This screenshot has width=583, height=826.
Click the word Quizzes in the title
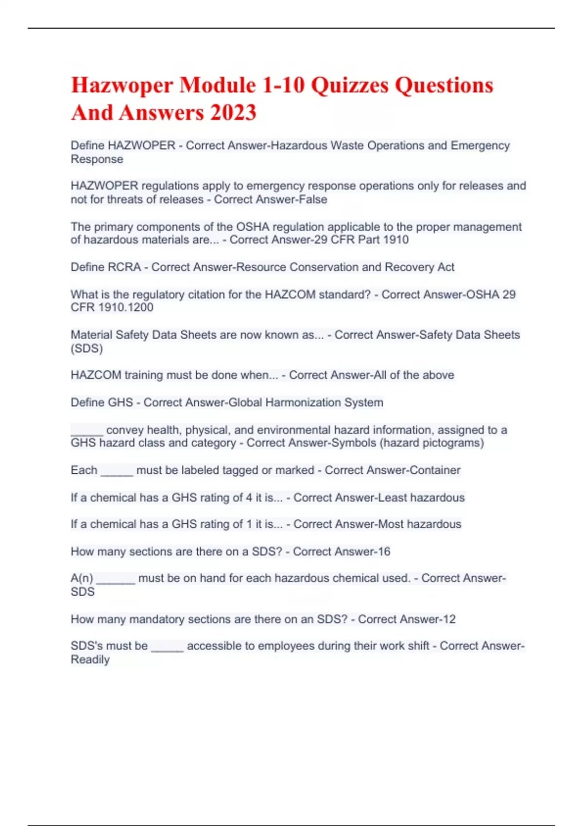pyautogui.click(x=349, y=86)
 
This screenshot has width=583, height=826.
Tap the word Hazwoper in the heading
pyautogui.click(x=122, y=86)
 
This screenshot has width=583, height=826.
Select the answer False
pyautogui.click(x=313, y=199)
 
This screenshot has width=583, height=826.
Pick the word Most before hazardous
pyautogui.click(x=390, y=524)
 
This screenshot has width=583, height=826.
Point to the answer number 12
pyautogui.click(x=449, y=619)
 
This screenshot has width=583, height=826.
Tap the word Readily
pyautogui.click(x=90, y=659)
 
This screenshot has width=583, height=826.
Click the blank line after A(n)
pyautogui.click(x=116, y=579)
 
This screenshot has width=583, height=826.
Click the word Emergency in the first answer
pyautogui.click(x=480, y=145)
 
